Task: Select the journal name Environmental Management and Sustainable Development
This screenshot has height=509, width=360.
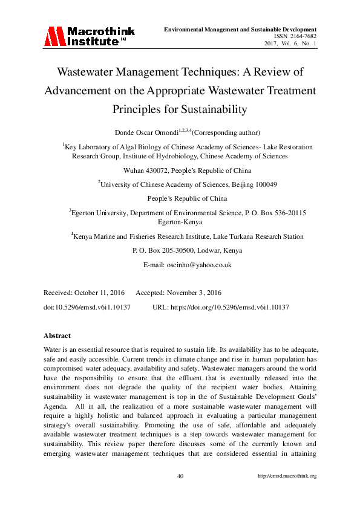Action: click(x=241, y=28)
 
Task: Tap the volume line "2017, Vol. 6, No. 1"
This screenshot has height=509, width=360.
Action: click(x=290, y=44)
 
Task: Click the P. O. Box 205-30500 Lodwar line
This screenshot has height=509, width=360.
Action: click(x=180, y=250)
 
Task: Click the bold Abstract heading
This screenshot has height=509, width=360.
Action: click(x=57, y=335)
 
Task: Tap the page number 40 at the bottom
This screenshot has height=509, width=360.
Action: click(x=180, y=476)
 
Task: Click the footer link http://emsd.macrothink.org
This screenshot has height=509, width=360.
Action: click(x=287, y=476)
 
